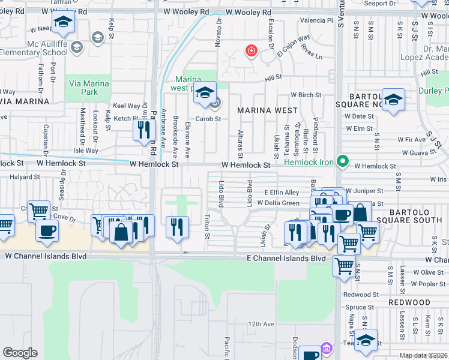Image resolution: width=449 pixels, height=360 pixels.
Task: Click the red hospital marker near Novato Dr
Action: pos(250,51)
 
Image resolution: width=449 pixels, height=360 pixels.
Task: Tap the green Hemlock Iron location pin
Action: pos(342,161)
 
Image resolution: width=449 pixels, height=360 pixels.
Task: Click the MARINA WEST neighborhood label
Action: pos(267,110)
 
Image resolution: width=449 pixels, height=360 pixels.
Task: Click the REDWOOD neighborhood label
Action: pos(425,302)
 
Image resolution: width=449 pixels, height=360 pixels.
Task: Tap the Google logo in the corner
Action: pos(20,353)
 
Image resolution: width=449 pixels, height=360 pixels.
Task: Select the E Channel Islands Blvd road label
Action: pos(286,258)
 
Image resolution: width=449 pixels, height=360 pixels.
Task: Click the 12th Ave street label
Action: pos(261,324)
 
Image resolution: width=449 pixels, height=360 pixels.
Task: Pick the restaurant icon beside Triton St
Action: pos(176,226)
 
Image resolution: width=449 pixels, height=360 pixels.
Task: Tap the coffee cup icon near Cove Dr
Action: pos(47,230)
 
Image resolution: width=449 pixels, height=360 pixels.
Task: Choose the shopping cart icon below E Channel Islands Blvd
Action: pos(344,265)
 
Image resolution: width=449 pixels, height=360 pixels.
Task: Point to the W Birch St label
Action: pos(306,95)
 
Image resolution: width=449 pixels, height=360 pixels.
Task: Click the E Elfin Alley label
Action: pos(282,192)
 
